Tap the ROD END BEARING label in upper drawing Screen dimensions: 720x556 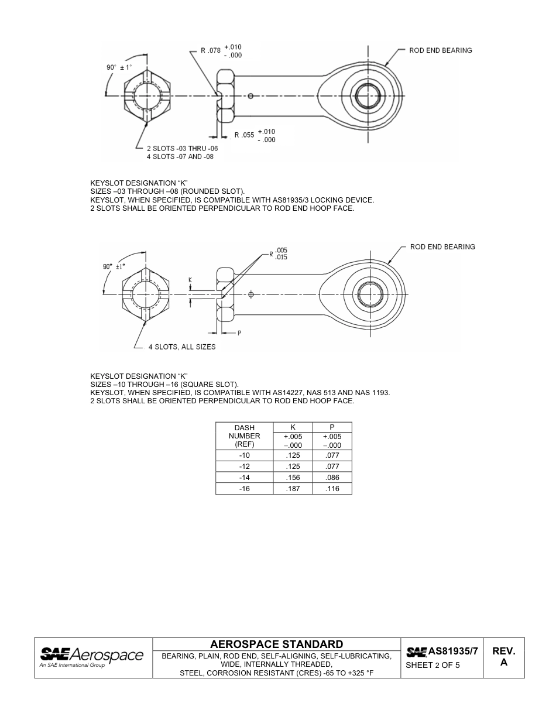440,50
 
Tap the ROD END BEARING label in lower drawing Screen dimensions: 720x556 442,247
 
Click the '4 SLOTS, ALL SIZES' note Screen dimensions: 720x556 181,347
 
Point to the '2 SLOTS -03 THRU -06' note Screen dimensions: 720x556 182,149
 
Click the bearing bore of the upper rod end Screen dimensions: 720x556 368,95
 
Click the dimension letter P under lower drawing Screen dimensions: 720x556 239,332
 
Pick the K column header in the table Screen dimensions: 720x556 293,428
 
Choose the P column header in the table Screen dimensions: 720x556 332,428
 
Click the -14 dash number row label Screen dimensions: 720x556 245,478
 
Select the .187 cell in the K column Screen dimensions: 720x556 293,489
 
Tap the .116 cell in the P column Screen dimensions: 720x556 332,489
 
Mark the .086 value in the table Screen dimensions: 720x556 332,478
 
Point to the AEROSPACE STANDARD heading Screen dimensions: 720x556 276,644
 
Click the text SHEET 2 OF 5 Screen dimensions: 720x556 433,666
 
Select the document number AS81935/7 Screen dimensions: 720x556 452,651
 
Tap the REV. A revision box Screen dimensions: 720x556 503,657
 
